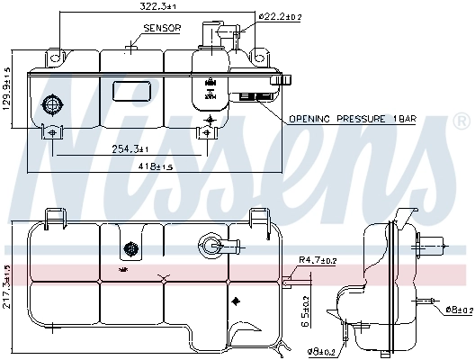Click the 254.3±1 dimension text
pos(130,148)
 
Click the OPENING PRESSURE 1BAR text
pos(351,118)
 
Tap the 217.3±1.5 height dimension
pos(6,286)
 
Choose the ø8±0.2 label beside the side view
pos(458,310)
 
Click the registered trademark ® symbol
pos(462,120)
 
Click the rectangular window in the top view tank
pos(131,92)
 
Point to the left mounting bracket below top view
pos(53,131)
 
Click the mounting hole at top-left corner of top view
pos(56,58)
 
